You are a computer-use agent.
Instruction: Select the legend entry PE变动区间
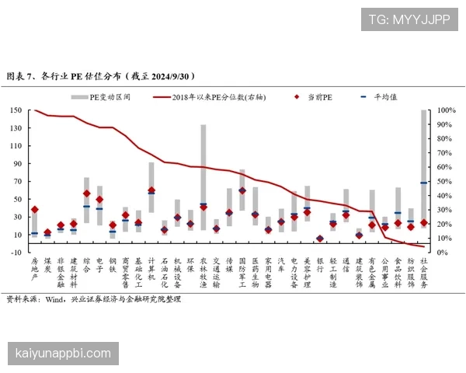click(105, 97)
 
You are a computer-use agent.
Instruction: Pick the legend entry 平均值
click(385, 97)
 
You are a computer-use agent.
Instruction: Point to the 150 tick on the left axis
click(16, 110)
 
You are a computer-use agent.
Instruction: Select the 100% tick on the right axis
click(446, 110)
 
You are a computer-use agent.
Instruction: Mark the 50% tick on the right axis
click(444, 181)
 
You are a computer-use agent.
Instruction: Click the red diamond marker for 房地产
click(34, 210)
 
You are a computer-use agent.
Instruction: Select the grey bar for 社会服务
click(424, 178)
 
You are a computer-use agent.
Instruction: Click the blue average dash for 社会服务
click(424, 183)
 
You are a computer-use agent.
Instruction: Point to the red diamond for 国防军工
click(242, 190)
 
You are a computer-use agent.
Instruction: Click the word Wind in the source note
click(54, 298)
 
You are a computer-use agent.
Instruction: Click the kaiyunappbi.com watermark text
click(64, 354)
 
